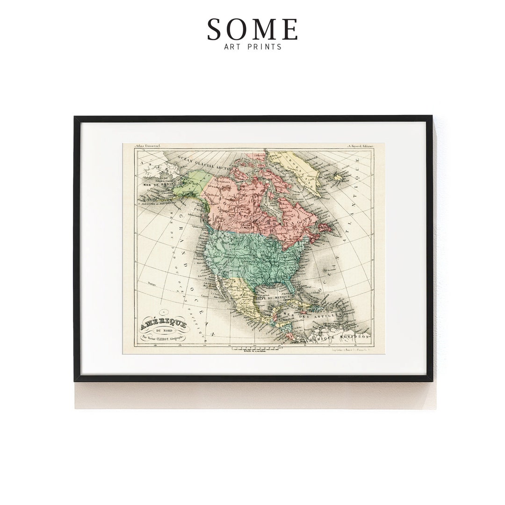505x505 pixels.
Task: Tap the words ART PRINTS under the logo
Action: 252,47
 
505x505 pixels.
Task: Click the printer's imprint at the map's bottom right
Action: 345,349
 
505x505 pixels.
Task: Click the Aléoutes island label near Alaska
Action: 157,203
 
